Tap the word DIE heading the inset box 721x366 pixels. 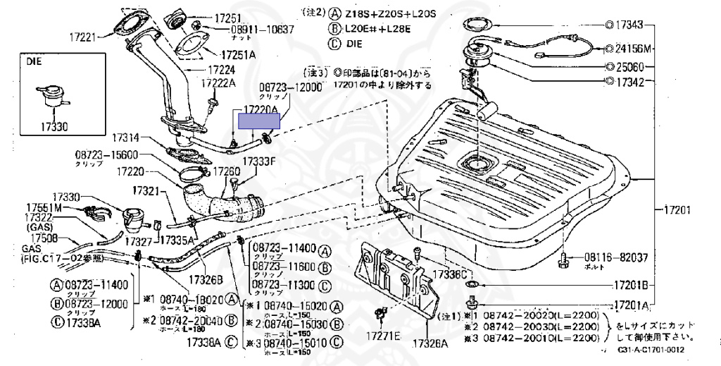[34, 62]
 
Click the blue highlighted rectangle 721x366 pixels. [259, 121]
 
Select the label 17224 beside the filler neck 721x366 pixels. [221, 71]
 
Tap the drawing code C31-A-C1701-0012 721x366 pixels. [651, 349]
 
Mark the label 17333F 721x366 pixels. [258, 161]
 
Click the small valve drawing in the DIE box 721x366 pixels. [47, 98]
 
